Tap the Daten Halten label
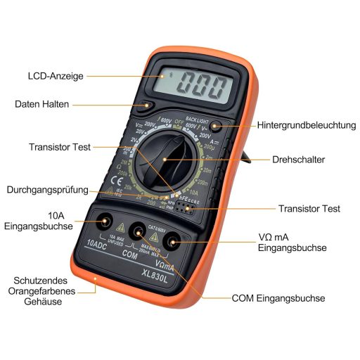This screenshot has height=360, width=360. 42,104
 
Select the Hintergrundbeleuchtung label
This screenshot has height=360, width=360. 307,125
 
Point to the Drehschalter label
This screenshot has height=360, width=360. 298,160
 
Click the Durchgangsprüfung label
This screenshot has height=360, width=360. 48,190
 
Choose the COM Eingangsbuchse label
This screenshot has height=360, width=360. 278,298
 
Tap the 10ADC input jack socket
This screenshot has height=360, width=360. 104,222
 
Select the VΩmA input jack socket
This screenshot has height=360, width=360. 170,242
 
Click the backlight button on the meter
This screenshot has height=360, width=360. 217,126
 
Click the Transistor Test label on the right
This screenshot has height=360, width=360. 309,209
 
